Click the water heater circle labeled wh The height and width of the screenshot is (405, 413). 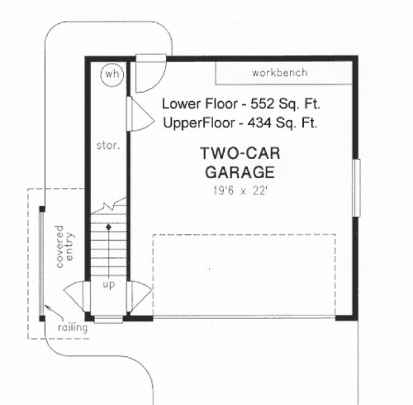[111, 74]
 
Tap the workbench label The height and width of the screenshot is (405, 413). [280, 73]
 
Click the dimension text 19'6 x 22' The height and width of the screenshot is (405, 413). [239, 190]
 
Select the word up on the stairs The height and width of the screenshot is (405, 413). [108, 284]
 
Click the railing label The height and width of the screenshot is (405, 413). [72, 328]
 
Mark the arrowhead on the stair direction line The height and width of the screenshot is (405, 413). [108, 227]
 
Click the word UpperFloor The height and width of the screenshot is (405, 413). [199, 123]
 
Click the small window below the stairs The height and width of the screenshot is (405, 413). [108, 319]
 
